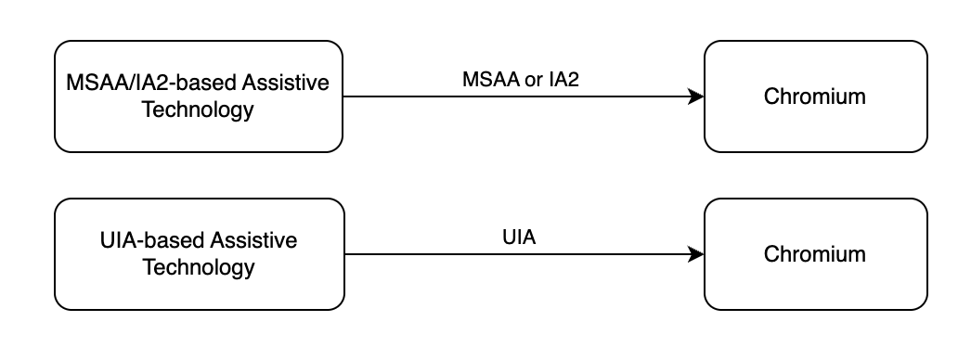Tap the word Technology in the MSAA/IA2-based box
click(x=198, y=109)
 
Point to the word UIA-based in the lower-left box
click(x=152, y=241)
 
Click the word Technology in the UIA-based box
click(x=198, y=267)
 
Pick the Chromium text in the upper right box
click(x=815, y=96)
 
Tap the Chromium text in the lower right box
click(x=815, y=254)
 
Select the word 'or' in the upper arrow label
click(x=534, y=80)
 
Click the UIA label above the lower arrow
click(x=519, y=238)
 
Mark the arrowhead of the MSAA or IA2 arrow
click(x=696, y=96)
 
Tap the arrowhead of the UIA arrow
click(x=696, y=254)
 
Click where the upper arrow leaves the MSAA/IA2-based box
click(x=343, y=96)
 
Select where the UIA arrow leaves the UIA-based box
click(x=343, y=254)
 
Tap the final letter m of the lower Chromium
click(x=858, y=255)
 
